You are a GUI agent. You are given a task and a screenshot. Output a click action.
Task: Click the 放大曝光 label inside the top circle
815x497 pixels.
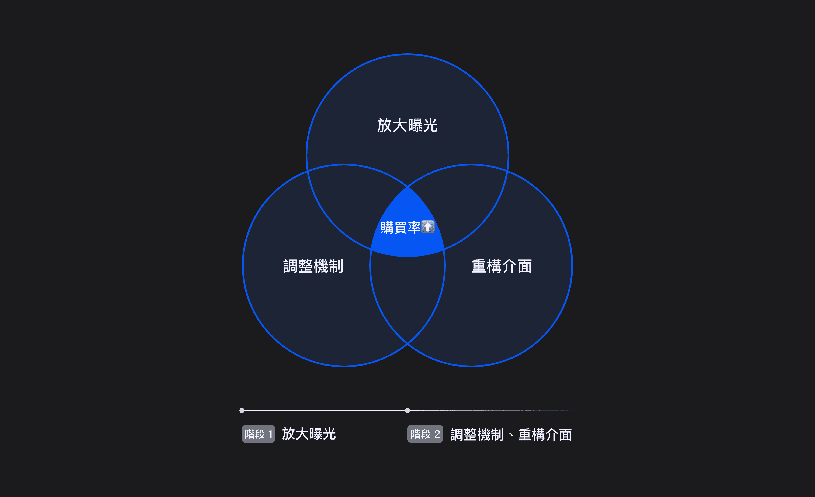[407, 126]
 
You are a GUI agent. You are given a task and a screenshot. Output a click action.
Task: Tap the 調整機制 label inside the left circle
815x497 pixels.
[313, 266]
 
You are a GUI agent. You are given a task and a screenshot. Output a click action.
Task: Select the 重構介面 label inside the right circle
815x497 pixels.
[502, 266]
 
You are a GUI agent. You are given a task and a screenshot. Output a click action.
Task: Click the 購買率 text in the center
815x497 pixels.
[400, 228]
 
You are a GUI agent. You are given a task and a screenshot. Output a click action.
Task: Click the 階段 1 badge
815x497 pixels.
[258, 434]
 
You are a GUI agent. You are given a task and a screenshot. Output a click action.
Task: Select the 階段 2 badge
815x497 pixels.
[425, 434]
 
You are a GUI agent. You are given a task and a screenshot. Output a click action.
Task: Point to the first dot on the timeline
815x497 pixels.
[242, 410]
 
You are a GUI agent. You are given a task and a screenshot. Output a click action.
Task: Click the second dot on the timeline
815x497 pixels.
[407, 410]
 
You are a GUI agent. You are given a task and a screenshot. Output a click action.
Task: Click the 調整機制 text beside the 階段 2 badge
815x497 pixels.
[477, 434]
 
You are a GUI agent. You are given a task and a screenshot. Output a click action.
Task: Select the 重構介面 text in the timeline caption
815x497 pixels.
[545, 434]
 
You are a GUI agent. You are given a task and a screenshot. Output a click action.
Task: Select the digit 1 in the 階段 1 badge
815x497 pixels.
[270, 434]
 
